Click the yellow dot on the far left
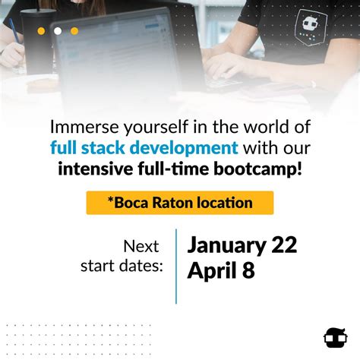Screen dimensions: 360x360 pos(41,31)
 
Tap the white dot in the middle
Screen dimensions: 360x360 pos(58,31)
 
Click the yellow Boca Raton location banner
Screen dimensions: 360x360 pos(179,203)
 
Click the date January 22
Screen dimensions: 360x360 pos(242,245)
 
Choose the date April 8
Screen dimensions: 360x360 pos(220,270)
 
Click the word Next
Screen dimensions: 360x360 pos(141,247)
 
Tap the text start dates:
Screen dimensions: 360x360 pos(122,266)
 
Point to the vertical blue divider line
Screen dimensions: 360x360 pos(176,266)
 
